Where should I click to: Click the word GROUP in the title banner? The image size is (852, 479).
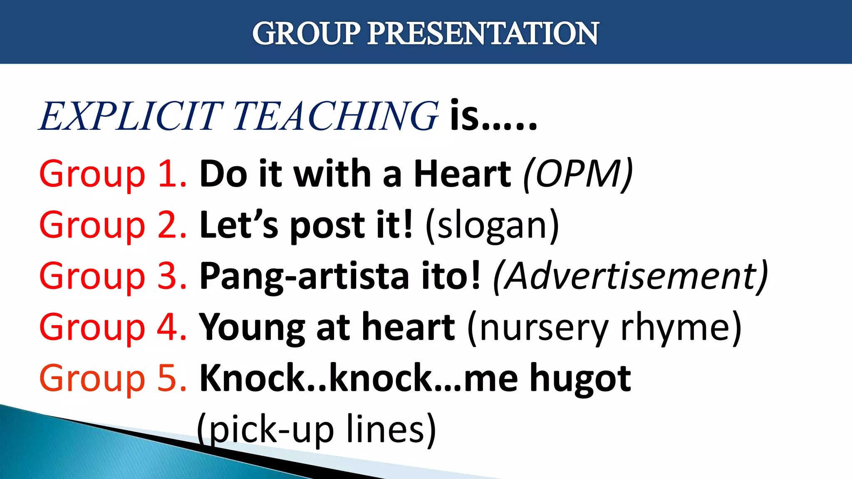coord(306,33)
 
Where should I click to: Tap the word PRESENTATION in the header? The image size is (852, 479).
coord(483,33)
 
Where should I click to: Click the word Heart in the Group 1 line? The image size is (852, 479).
coord(462,174)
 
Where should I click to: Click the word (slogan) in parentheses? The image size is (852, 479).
coord(492,226)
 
